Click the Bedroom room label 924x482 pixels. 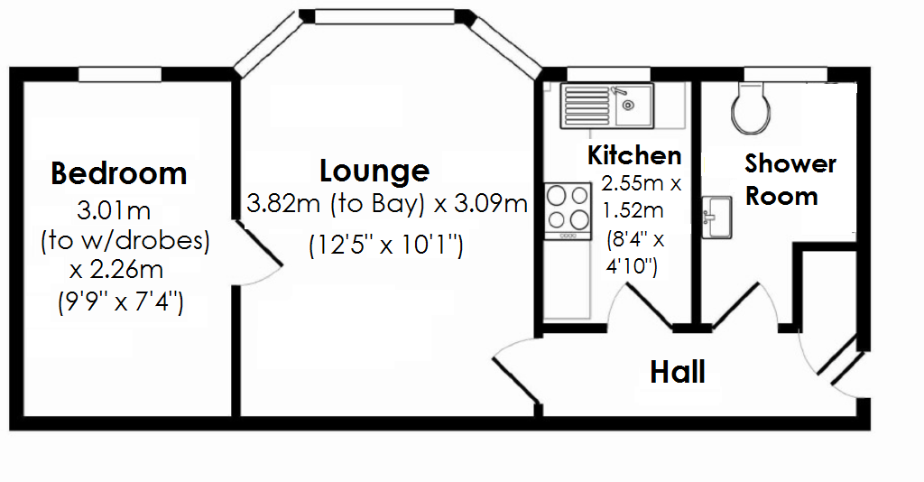[x=118, y=172]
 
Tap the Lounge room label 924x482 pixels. [x=374, y=170]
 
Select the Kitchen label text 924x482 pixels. [x=634, y=155]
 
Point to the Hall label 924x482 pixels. [x=678, y=371]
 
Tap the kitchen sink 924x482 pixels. [x=601, y=105]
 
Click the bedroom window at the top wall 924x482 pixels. [x=119, y=73]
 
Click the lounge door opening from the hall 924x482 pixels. [x=516, y=368]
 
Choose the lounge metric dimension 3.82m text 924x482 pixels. [x=282, y=204]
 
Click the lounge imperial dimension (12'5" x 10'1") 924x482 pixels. [x=385, y=245]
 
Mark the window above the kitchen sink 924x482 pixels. [x=598, y=74]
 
